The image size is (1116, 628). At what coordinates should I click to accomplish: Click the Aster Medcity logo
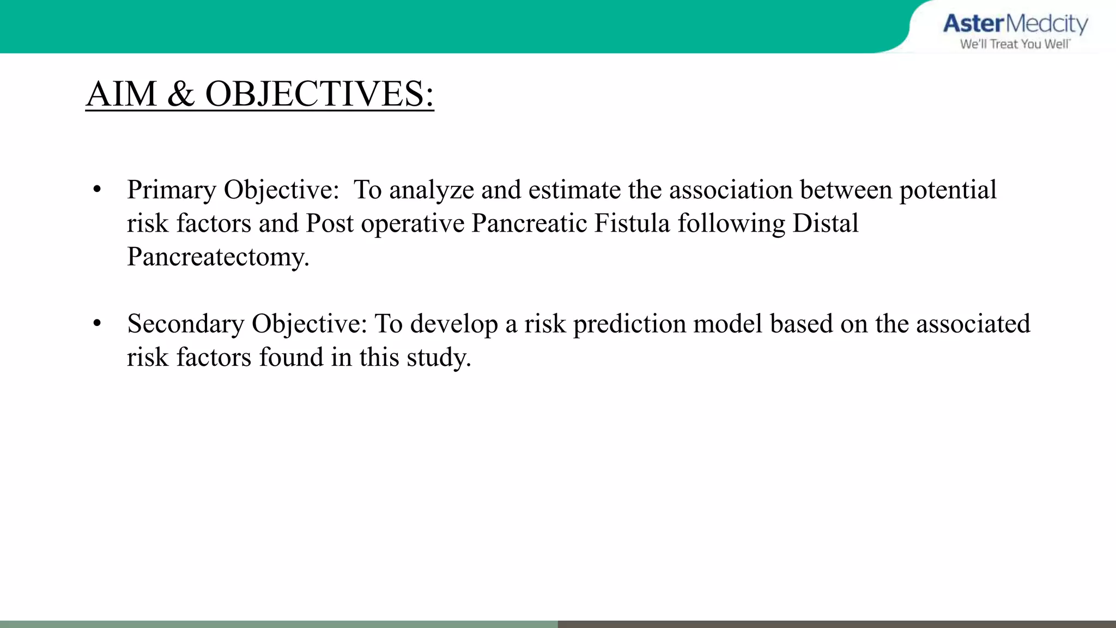(1015, 25)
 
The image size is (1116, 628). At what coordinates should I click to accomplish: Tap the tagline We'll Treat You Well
(1015, 44)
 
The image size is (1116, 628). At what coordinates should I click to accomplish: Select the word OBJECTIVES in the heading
(319, 94)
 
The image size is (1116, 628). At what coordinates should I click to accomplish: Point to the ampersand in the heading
(181, 94)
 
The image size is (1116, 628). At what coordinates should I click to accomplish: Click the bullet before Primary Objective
(97, 190)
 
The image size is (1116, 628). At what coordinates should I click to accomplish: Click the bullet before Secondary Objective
(97, 324)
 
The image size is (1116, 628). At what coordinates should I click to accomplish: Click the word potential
(948, 191)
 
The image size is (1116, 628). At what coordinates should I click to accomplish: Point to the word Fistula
(632, 224)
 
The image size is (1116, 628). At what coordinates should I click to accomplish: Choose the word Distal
(825, 224)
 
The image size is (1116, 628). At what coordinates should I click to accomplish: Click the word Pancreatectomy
(217, 257)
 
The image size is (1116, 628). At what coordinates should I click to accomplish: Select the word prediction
(629, 324)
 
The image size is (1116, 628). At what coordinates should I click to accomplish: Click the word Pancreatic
(529, 224)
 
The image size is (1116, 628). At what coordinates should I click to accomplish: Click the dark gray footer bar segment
(836, 624)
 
